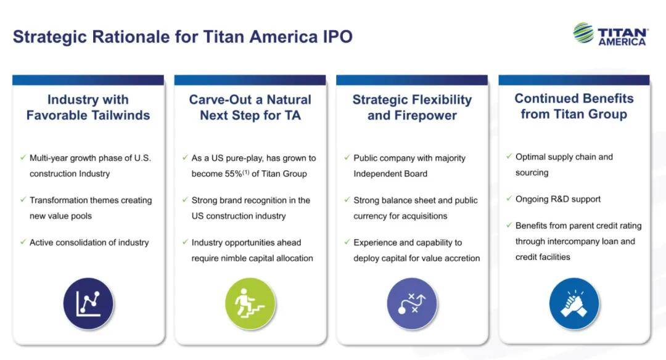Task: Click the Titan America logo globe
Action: coord(583,33)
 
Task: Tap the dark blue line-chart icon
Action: coord(88,303)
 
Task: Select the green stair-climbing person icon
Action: coord(250,303)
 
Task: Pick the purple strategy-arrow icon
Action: coord(412,303)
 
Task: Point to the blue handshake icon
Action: coord(574,303)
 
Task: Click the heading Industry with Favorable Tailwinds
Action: coord(88,107)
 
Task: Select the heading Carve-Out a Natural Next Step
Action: coord(250,107)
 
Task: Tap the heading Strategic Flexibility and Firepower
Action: coord(412,107)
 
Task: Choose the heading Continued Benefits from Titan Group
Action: coord(574,106)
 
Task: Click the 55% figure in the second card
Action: coord(234,174)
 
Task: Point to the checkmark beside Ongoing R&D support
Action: coord(509,198)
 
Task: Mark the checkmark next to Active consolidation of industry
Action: coord(23,242)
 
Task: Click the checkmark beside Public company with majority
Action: coord(347,157)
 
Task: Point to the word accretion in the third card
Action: coord(462,258)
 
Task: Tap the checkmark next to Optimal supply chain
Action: coord(509,156)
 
